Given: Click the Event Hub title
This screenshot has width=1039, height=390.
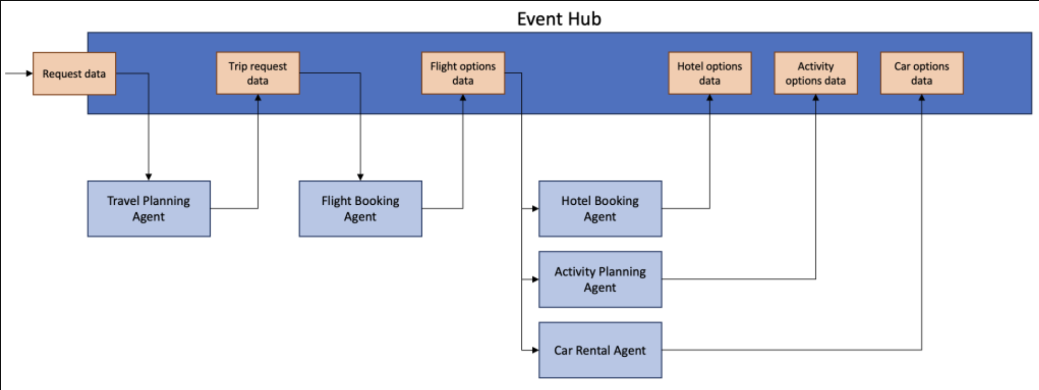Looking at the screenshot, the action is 559,19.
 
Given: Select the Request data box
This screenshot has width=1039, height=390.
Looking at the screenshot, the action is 74,74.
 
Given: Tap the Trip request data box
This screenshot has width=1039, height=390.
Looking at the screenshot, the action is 258,73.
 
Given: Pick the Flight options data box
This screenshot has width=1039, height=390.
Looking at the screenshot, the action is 463,73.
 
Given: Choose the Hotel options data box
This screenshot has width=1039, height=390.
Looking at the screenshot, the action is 710,73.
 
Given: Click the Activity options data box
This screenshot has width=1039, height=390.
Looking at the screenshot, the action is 816,73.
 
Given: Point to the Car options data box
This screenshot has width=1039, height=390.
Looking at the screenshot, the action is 922,73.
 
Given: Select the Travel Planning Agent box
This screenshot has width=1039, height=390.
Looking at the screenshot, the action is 149,208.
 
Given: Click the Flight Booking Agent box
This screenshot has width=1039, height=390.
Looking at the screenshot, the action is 361,208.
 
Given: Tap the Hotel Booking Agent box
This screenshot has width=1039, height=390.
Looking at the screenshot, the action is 600,208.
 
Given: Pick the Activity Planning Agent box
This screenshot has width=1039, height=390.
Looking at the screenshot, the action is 600,279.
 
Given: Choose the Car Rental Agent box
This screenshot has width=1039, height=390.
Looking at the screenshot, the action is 600,350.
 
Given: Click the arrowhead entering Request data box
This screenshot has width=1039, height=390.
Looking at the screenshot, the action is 30,74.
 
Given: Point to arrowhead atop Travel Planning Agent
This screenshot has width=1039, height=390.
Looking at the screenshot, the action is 149,177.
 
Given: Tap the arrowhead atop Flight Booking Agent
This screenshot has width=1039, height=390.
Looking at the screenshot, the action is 361,177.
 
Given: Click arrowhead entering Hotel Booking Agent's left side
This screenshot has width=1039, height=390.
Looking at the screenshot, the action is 535,208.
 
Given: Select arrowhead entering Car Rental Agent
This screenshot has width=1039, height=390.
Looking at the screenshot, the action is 535,350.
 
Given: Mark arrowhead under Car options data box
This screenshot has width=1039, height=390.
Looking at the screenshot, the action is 922,98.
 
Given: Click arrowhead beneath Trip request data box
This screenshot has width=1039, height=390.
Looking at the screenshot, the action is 258,98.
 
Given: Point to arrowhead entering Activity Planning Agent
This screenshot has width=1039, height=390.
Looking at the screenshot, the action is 535,279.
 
